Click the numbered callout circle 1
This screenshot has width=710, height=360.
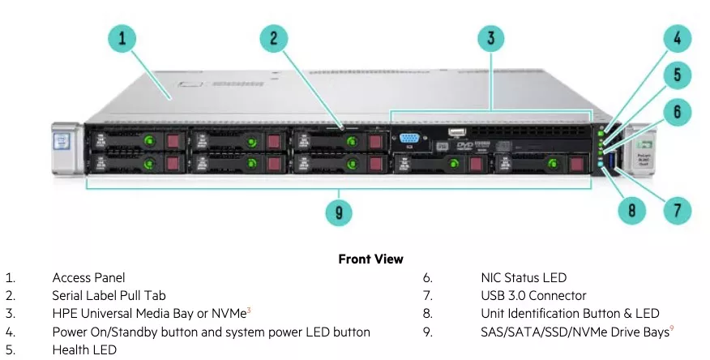(x=122, y=38)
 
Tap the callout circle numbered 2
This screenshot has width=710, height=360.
(x=274, y=38)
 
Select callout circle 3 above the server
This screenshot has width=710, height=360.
(x=491, y=38)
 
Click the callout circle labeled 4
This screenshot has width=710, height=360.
(x=678, y=38)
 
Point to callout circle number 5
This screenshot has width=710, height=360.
(x=678, y=76)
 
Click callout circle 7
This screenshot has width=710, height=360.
(x=678, y=211)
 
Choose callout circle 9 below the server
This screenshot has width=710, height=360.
(x=339, y=213)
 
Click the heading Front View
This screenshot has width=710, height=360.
(x=370, y=259)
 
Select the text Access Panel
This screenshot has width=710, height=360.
(x=88, y=278)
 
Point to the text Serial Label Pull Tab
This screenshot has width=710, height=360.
(x=109, y=296)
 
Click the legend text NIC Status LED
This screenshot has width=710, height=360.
(x=524, y=278)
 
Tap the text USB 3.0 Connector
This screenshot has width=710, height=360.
(x=533, y=296)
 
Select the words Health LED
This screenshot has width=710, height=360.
(x=84, y=349)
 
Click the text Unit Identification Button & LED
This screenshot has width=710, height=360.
(x=570, y=314)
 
